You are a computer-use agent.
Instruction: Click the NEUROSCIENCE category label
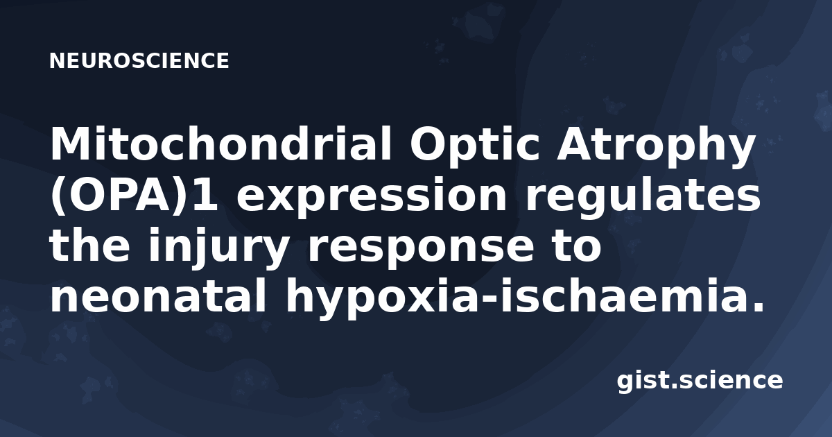point(139,61)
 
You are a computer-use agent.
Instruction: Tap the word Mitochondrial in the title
point(221,144)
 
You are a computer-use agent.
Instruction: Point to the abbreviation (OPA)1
point(134,195)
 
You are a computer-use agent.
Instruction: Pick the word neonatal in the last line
point(159,295)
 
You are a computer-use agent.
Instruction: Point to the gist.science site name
point(700,382)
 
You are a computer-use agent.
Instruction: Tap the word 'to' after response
point(576,246)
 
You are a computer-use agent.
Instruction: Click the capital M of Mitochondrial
point(70,144)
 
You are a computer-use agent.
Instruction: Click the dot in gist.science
point(672,386)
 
